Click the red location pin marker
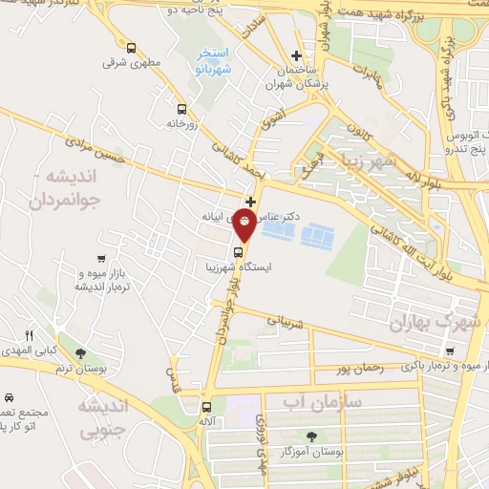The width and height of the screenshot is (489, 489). [x=244, y=225]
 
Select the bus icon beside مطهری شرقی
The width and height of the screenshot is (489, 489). [x=130, y=47]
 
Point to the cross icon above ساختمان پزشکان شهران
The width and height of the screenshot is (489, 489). [x=297, y=56]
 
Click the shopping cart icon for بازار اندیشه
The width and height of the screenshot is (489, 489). [x=101, y=258]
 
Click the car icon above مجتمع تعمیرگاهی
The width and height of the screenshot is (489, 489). [x=8, y=396]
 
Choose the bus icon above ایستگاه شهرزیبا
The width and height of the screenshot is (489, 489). [x=238, y=253]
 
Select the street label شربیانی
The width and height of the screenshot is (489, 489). [x=286, y=324]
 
